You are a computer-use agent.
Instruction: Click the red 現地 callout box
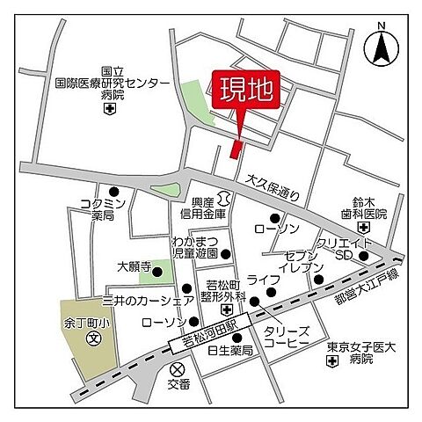pos(245,91)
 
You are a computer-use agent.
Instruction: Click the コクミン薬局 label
pos(104,209)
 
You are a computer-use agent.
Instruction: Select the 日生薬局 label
pos(229,351)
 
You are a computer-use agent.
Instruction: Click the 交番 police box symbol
pos(178,369)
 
